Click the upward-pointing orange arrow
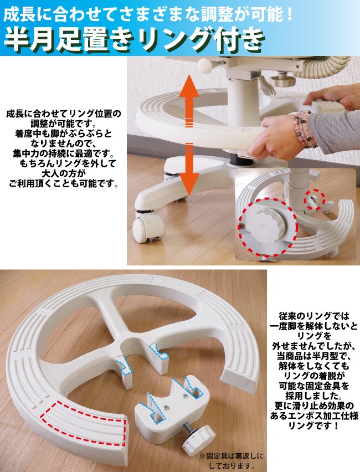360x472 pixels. (189, 100)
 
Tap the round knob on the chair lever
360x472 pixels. (205, 66)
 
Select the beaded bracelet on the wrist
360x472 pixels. (304, 129)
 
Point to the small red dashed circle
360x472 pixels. (315, 200)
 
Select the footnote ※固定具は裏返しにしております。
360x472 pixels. (232, 460)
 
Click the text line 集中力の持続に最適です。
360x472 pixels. (64, 153)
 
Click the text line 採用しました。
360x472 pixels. (314, 396)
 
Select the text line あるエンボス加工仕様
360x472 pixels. (314, 415)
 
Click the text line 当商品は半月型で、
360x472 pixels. (314, 356)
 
